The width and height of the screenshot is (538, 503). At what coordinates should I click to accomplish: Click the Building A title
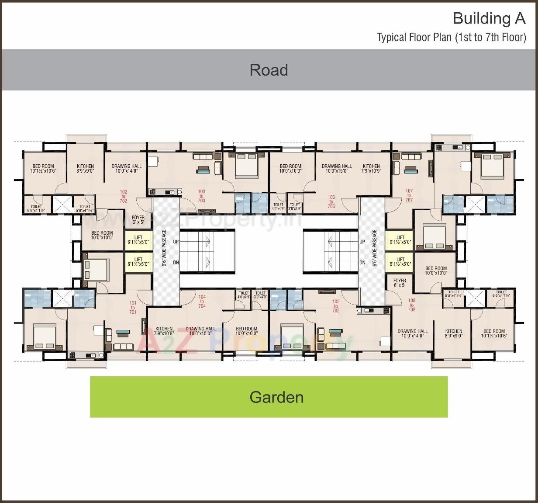(x=489, y=18)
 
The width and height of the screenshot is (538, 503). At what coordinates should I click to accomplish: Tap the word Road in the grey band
(x=269, y=70)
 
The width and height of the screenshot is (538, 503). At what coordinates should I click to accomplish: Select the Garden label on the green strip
(x=276, y=397)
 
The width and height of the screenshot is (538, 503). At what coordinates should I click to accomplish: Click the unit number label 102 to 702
(x=124, y=196)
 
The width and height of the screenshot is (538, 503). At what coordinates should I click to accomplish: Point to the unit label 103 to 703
(x=201, y=196)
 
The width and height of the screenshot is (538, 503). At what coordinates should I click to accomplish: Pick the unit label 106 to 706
(x=331, y=201)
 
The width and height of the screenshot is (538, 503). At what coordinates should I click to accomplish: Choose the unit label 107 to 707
(x=409, y=195)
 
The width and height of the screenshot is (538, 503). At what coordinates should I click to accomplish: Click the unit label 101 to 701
(x=133, y=307)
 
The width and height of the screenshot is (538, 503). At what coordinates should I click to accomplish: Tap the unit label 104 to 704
(x=202, y=302)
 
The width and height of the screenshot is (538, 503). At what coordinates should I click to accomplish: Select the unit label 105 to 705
(x=336, y=306)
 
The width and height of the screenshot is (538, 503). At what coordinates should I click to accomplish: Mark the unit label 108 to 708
(x=411, y=305)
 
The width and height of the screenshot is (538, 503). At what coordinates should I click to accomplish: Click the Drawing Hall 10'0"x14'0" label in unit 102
(x=127, y=169)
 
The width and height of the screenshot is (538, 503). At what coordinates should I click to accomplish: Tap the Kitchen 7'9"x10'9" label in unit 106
(x=371, y=169)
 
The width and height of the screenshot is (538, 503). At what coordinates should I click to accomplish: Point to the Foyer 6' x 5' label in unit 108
(x=400, y=283)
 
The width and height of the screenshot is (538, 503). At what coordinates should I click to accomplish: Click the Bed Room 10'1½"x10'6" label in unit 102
(x=43, y=169)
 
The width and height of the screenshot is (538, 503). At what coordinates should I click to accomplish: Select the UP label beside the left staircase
(x=176, y=242)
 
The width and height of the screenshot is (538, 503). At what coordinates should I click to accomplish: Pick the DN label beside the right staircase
(x=362, y=263)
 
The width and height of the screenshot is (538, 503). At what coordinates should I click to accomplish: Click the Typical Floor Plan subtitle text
(x=451, y=38)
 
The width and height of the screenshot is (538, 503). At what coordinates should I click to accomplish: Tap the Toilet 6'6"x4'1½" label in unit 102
(x=36, y=208)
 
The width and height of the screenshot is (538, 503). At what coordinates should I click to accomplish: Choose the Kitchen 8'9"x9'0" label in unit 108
(x=454, y=333)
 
